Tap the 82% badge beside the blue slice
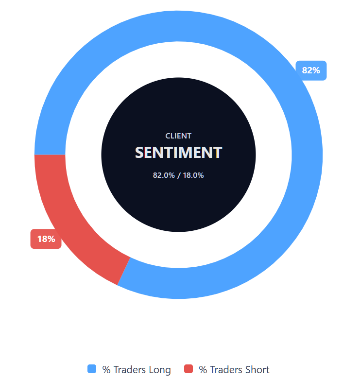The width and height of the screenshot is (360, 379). (x=311, y=70)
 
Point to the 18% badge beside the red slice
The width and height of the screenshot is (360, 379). (x=46, y=239)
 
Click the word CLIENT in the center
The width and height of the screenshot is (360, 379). (x=178, y=136)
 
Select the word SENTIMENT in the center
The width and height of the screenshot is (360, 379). (x=178, y=153)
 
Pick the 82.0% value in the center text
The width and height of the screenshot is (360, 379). (x=164, y=175)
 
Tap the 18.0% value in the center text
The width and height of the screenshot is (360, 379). (x=193, y=175)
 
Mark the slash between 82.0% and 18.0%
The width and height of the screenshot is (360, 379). (x=178, y=175)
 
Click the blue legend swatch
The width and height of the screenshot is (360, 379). (x=92, y=369)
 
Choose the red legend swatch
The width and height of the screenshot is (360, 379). (x=189, y=369)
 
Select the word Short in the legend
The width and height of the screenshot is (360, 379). (x=257, y=370)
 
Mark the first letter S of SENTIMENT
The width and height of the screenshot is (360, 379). (x=139, y=153)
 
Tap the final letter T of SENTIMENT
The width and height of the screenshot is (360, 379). (x=218, y=153)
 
